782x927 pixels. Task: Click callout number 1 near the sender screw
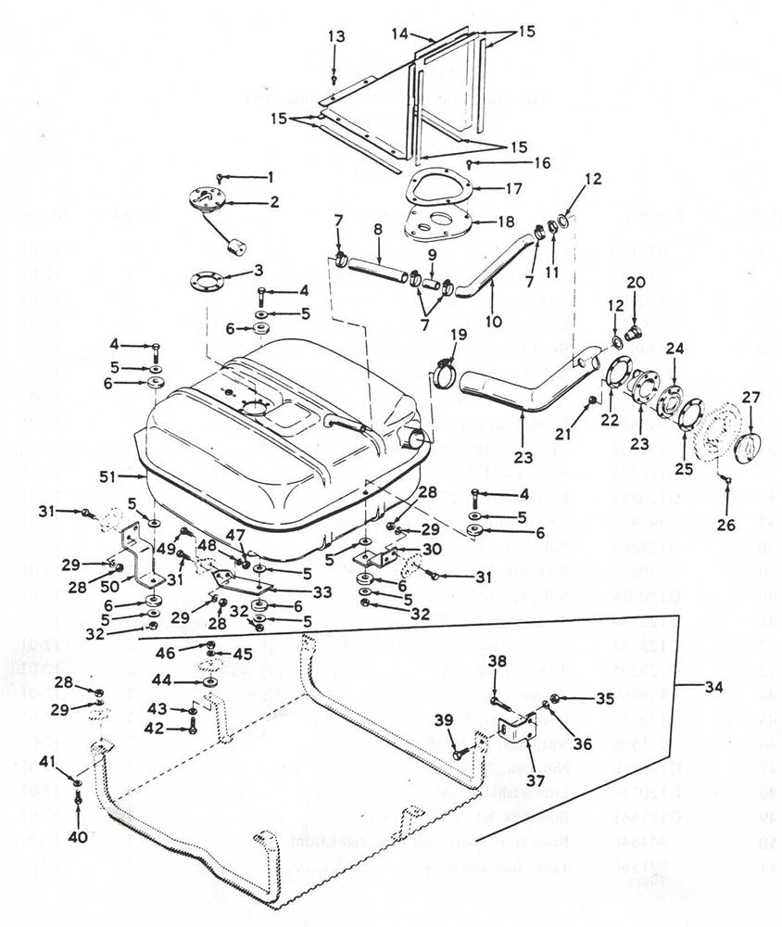coord(271,176)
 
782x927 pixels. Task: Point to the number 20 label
coord(637,283)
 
